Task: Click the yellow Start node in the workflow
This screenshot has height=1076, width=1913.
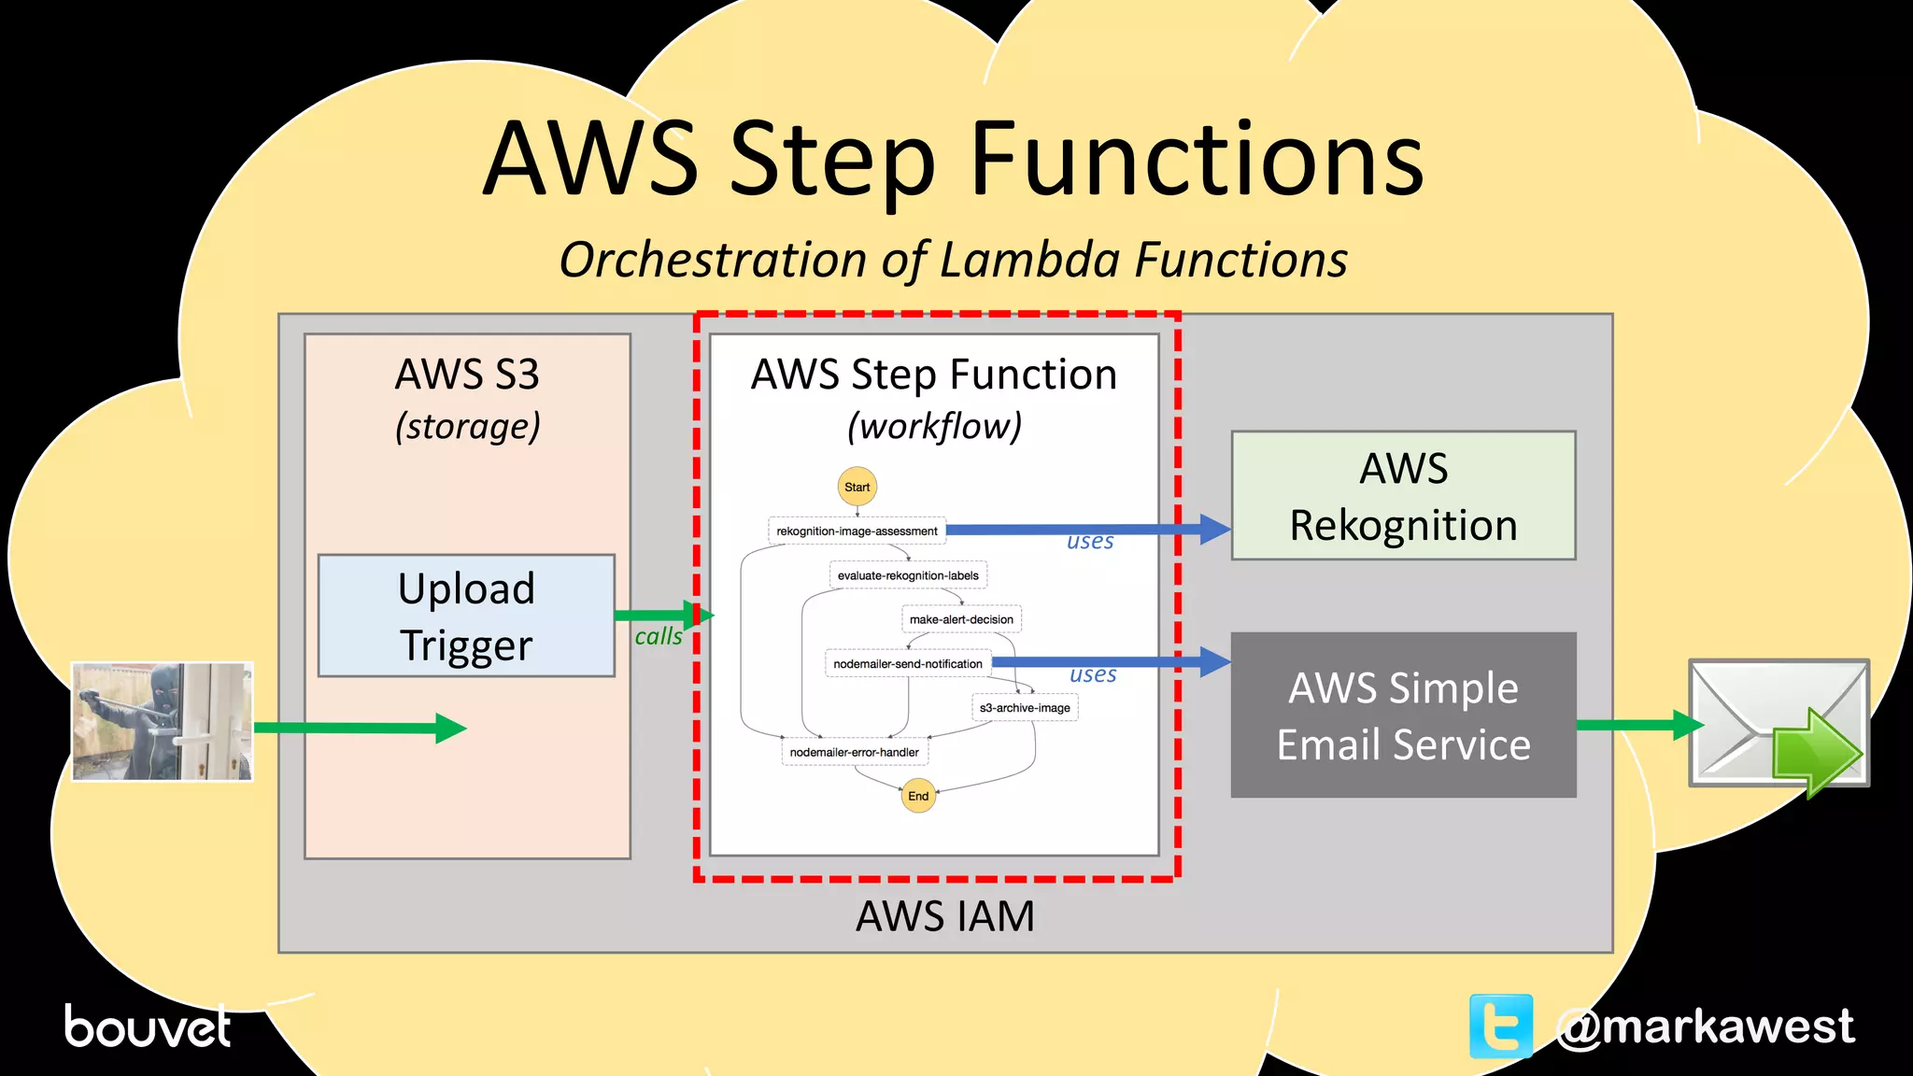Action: click(x=857, y=487)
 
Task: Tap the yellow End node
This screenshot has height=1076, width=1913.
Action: click(x=918, y=796)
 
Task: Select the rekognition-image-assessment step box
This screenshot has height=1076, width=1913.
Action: click(x=857, y=531)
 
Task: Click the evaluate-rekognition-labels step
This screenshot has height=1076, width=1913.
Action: click(x=908, y=575)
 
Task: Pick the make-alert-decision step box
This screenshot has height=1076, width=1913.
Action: click(x=961, y=619)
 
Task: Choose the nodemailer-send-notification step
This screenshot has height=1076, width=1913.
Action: click(x=908, y=664)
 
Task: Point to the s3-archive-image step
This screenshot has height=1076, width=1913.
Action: click(x=1025, y=708)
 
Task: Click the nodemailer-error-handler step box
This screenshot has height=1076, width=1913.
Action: click(x=855, y=752)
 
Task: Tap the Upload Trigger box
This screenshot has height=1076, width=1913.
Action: click(x=466, y=616)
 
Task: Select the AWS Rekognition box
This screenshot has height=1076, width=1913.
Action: click(x=1403, y=496)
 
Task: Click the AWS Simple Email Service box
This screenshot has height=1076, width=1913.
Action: click(x=1403, y=715)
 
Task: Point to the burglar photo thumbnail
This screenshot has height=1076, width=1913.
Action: click(x=163, y=721)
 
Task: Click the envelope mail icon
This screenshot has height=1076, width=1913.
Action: click(x=1778, y=725)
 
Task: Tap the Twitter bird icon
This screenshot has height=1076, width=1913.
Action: click(x=1501, y=1026)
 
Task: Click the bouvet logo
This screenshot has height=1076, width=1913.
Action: click(x=147, y=1026)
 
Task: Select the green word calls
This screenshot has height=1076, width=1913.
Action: click(x=659, y=637)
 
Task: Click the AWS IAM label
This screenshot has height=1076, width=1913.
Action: click(x=945, y=916)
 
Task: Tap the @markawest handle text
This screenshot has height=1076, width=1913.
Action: click(x=1705, y=1026)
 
